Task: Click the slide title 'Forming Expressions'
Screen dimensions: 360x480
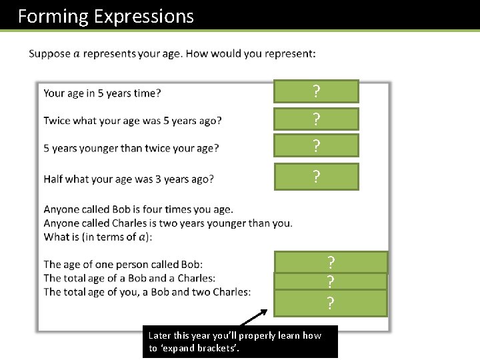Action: coord(105,16)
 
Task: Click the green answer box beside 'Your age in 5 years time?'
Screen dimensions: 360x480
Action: coord(316,91)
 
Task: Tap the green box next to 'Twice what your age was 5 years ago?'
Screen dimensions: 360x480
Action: coord(316,119)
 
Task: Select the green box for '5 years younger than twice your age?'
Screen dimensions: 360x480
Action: coord(316,145)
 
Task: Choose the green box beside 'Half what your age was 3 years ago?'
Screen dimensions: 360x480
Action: coord(316,177)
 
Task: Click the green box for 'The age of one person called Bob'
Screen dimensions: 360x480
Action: coord(331,261)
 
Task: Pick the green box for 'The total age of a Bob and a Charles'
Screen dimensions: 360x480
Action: coord(331,281)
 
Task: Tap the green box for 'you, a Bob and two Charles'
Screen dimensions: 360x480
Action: coord(331,303)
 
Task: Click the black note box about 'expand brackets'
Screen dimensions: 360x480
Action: coord(240,342)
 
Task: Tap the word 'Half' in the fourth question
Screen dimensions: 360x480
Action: coord(54,179)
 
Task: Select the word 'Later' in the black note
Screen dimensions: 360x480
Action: coord(160,335)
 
